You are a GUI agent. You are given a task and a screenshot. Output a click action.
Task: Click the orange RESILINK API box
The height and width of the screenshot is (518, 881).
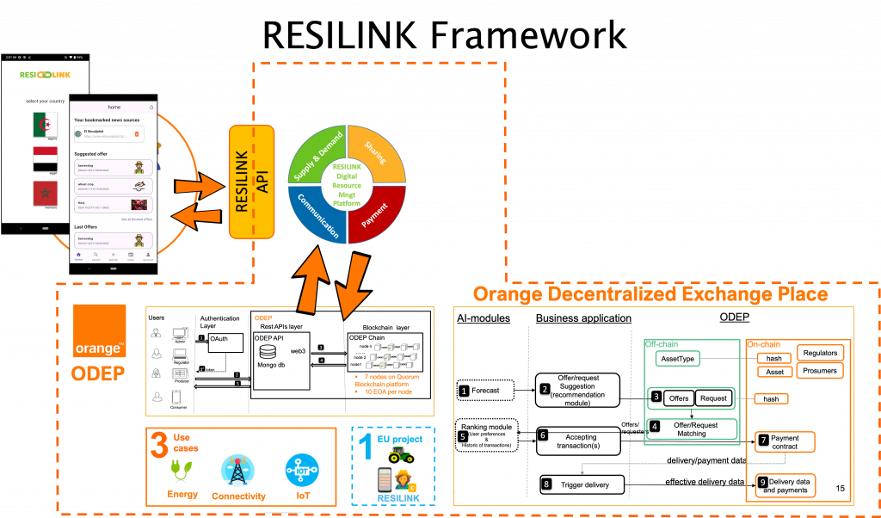pos(251,182)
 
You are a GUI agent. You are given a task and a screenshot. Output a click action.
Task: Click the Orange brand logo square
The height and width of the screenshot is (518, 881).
pos(100,330)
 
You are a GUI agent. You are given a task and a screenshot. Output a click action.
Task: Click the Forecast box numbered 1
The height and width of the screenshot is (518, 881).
pos(485,391)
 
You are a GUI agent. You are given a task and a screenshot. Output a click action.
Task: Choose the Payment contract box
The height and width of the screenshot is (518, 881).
pos(784,441)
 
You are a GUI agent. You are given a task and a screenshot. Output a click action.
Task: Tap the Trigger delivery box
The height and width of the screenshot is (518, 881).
pos(582,484)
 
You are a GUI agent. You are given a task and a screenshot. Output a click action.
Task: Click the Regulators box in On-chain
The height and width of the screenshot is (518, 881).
pos(819,353)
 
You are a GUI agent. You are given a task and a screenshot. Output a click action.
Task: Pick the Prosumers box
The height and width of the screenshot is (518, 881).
pos(819,371)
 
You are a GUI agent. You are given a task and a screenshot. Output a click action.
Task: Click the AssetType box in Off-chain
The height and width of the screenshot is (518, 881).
pos(677,358)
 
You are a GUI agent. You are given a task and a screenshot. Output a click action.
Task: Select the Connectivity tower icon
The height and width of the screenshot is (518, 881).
pos(237,470)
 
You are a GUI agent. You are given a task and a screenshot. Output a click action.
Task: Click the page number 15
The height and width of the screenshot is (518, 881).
pos(840,489)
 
